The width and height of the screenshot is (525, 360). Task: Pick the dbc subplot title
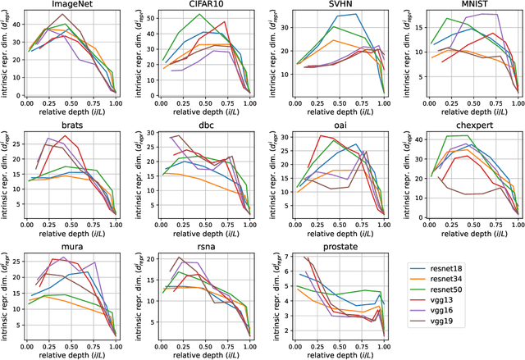[205, 127]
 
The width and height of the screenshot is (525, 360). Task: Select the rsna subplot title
[205, 248]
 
